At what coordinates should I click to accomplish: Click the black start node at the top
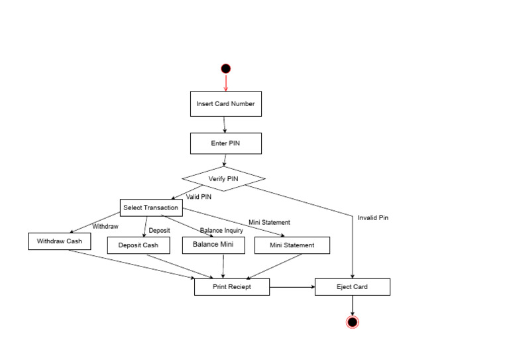pos(225,68)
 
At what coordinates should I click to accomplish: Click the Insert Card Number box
pos(225,104)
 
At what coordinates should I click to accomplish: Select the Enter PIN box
pos(225,143)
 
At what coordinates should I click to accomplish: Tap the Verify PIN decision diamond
pos(223,178)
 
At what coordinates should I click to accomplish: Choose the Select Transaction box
pos(150,208)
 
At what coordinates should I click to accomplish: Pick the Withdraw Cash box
pos(60,241)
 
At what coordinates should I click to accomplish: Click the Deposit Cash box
pos(139,245)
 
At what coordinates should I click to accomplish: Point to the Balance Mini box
pos(213,245)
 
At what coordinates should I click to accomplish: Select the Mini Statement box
pos(292,245)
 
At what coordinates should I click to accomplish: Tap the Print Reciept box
pos(232,286)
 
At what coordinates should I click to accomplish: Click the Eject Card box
pos(352,286)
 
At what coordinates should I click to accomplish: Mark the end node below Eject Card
pos(352,322)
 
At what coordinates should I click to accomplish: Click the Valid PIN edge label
pos(199,197)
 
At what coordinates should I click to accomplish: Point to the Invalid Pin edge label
pos(373,217)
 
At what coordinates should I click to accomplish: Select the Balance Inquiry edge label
pos(221,231)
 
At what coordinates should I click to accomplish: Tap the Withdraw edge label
pos(105,226)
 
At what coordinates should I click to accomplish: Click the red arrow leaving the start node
pos(225,83)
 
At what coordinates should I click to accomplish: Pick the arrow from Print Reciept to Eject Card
pos(292,286)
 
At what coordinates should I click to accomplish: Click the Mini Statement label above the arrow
pos(269,222)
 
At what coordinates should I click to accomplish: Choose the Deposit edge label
pos(159,231)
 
